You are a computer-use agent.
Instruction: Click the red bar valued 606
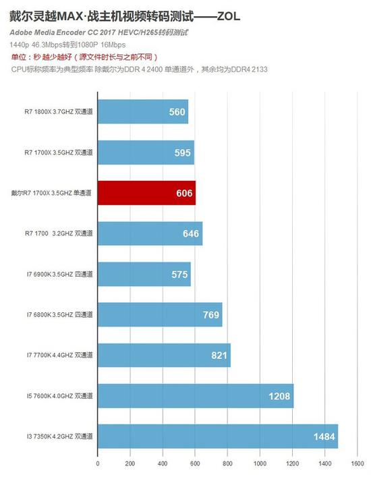click(146, 193)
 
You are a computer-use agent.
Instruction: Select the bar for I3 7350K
click(217, 437)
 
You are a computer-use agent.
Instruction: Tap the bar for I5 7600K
click(195, 396)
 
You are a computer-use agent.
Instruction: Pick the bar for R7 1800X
click(142, 112)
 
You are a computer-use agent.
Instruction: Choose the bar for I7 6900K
click(144, 275)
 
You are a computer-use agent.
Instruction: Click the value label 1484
click(324, 437)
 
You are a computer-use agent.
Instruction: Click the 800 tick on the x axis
click(227, 464)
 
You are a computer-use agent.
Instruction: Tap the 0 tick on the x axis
click(98, 464)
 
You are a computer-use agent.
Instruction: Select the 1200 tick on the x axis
click(292, 464)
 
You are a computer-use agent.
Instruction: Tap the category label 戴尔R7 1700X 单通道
click(51, 193)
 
